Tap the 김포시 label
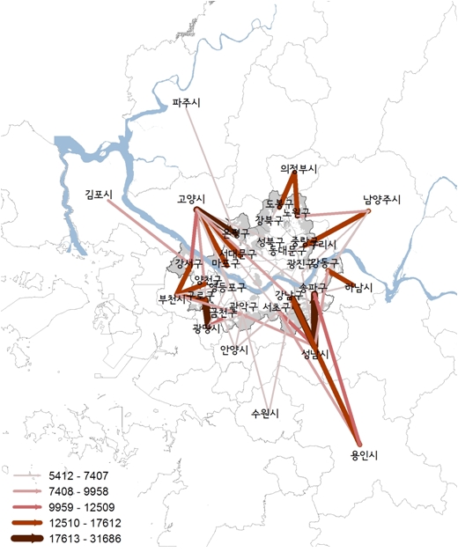tap(100, 193)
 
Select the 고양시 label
tap(191, 199)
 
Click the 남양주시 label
tap(380, 199)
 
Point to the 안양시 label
tap(234, 349)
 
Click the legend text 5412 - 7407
tap(84, 474)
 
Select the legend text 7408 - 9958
tap(84, 490)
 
